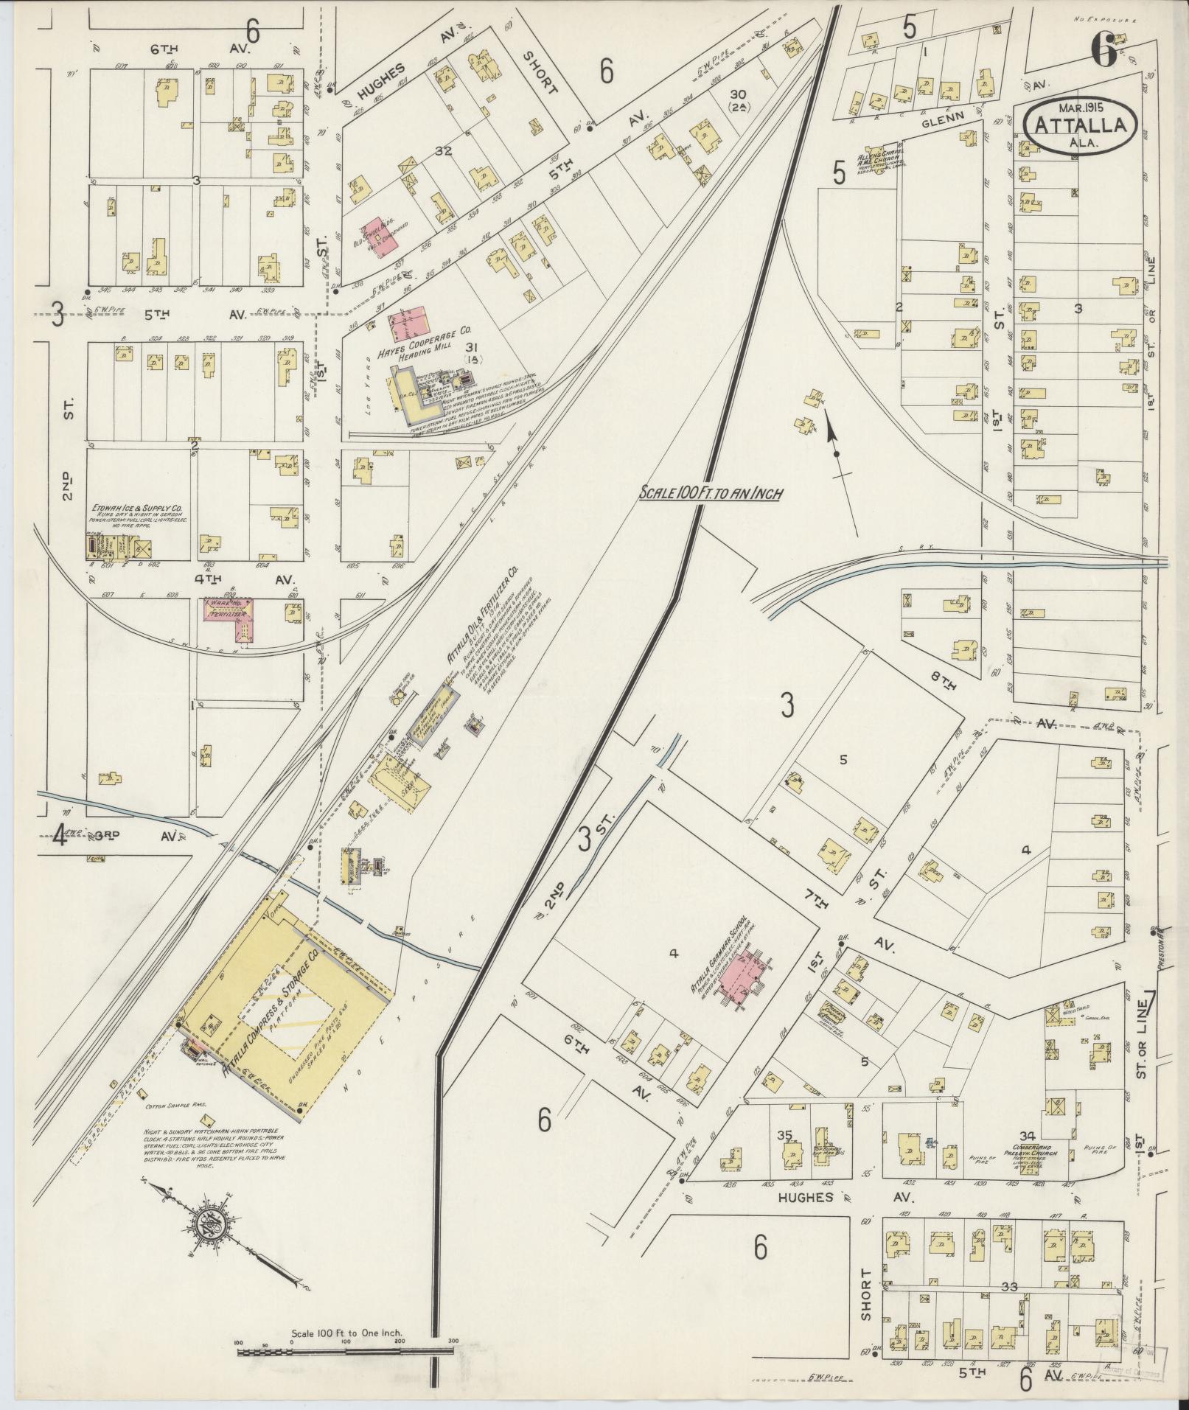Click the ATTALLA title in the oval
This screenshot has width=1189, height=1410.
click(x=1081, y=125)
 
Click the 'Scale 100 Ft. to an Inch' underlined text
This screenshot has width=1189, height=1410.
click(x=710, y=495)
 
